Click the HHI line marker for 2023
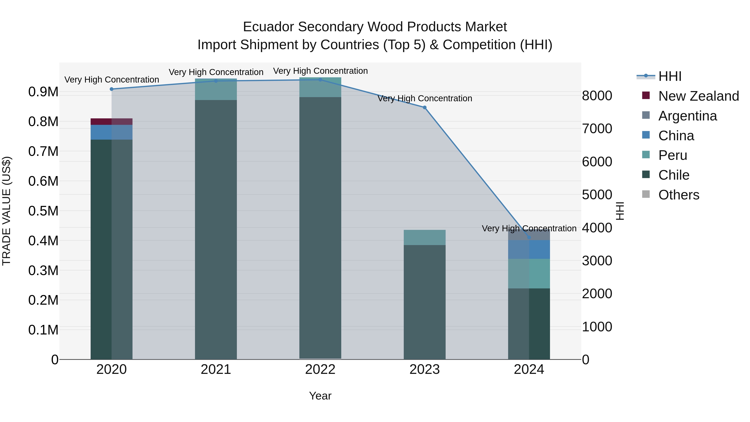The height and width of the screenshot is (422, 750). [425, 108]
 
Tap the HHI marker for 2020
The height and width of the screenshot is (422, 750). [111, 89]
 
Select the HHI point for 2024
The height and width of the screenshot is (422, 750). [529, 237]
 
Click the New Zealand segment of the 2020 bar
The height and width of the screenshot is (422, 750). [111, 121]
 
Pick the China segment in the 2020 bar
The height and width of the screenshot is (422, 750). [111, 132]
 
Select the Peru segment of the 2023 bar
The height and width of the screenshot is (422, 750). [425, 237]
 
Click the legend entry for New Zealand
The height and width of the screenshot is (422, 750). [698, 96]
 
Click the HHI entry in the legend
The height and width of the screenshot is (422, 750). [670, 76]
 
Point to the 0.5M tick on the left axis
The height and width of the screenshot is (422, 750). [43, 211]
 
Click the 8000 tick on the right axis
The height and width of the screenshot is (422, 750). [597, 96]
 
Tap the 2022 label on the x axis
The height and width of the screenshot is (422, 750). [320, 369]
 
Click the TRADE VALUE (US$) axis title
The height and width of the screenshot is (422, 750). [6, 211]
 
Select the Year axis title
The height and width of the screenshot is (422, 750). [320, 396]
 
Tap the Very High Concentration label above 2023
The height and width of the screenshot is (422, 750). [425, 98]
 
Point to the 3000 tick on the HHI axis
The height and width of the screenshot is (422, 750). [597, 261]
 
